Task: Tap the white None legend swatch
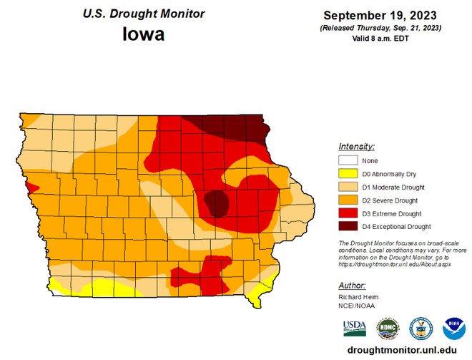(x=348, y=160)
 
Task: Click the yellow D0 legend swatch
(x=348, y=174)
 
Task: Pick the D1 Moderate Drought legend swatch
(x=348, y=187)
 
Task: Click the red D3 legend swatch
(x=348, y=213)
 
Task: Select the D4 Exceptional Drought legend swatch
(x=348, y=227)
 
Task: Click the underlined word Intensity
(x=356, y=146)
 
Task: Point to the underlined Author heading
(x=352, y=285)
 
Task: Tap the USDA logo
(x=355, y=329)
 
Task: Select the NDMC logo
(x=387, y=329)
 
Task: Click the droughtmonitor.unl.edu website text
(x=401, y=350)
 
